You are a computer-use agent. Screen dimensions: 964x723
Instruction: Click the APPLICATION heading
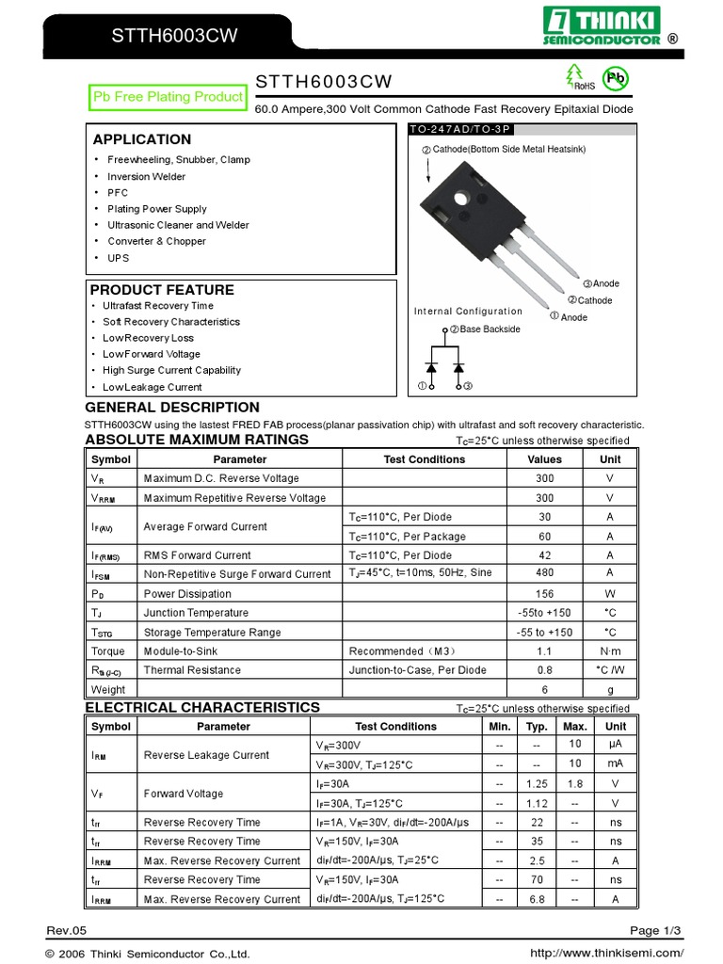[x=141, y=139]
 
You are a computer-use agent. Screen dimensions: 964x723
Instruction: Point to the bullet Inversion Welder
[x=146, y=176]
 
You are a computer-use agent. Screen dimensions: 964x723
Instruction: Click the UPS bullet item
[x=118, y=258]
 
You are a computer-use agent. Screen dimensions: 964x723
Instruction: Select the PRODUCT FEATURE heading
[x=162, y=290]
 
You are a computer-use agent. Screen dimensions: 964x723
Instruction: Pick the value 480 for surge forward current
[x=544, y=573]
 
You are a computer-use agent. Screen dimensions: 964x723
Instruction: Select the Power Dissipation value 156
[x=544, y=594]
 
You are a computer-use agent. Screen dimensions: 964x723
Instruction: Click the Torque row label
[x=107, y=651]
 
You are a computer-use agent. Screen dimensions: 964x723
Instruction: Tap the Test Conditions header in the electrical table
[x=395, y=727]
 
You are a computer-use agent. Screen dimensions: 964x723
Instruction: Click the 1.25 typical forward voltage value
[x=537, y=784]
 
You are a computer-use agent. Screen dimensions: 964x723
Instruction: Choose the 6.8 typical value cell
[x=537, y=899]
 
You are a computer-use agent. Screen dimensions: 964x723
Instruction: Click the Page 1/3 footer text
[x=657, y=931]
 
